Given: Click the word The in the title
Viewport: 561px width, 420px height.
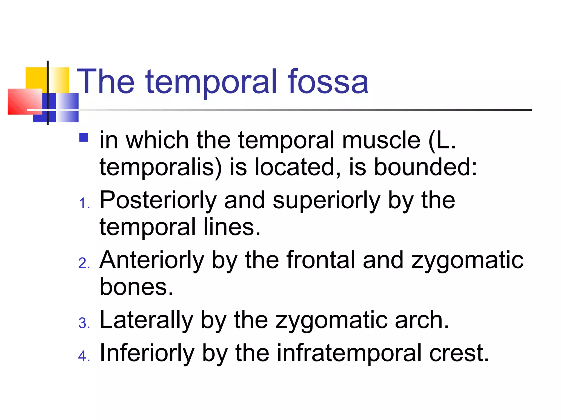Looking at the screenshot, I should click(x=106, y=81).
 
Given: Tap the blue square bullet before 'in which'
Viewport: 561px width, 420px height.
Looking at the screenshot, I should click(x=84, y=137).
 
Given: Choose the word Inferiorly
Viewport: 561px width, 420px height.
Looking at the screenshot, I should click(x=147, y=354).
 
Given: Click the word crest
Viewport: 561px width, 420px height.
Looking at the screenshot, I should click(x=459, y=353).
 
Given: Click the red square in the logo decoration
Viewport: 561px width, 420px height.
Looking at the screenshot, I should click(x=24, y=101).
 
